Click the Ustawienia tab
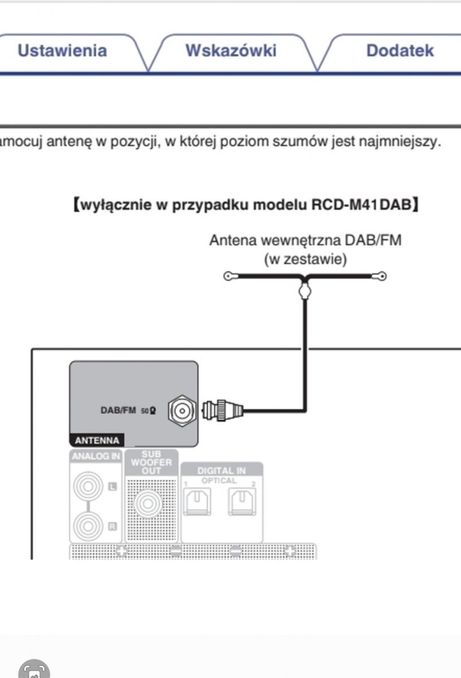(x=62, y=51)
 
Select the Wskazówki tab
(x=230, y=51)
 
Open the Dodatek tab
(x=399, y=51)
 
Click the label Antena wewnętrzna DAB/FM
(x=305, y=240)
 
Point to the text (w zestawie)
(x=305, y=259)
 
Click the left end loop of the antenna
(x=228, y=276)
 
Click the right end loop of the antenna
(x=382, y=276)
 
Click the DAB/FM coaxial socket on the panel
(x=181, y=411)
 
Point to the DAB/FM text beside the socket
(x=118, y=411)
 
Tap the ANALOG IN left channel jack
(x=89, y=486)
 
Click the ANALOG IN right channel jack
(x=89, y=526)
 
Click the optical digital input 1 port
(x=197, y=501)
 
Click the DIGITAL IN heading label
(x=221, y=470)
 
